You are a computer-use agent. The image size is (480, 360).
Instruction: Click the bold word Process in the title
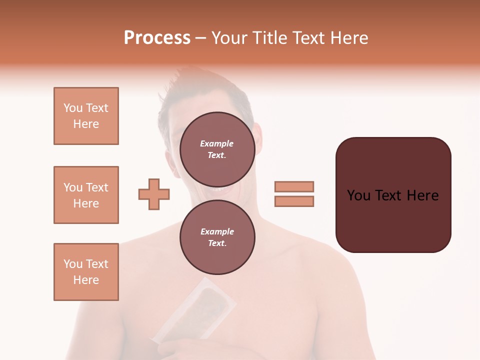pos(157,38)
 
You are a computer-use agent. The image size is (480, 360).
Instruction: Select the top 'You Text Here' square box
pos(86,116)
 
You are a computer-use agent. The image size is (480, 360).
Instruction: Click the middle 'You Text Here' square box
pos(86,195)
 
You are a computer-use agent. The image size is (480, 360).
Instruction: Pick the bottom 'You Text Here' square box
pos(86,272)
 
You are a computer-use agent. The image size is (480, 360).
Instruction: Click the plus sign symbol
pos(154,194)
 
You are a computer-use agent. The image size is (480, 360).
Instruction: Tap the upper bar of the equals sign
pos(294,186)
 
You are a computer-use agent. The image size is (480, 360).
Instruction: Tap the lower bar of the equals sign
pos(294,201)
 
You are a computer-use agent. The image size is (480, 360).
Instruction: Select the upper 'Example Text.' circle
pos(217,149)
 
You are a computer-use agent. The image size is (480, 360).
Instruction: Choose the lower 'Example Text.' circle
pos(217,237)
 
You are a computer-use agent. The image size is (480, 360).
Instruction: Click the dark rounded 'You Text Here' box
pos(393,195)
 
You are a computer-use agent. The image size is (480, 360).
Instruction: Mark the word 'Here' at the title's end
pos(350,38)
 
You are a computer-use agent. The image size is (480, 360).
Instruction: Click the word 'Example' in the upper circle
pos(216,143)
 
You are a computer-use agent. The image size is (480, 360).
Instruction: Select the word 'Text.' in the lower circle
pos(217,243)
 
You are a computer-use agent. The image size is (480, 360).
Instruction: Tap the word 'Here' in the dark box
pos(422,195)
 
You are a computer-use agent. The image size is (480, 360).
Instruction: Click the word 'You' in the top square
pos(73,108)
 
